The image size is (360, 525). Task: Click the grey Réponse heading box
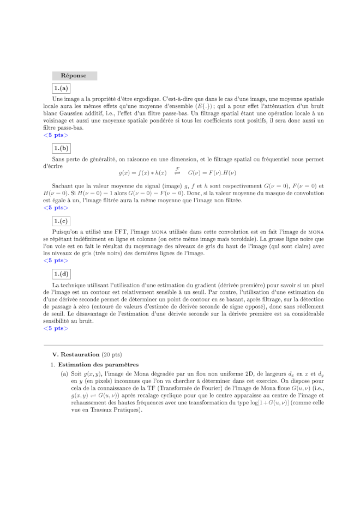[x=74, y=76]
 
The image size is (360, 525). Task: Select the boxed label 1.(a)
[x=61, y=88]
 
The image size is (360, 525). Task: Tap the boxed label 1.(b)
[x=61, y=148]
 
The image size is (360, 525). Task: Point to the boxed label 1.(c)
[x=61, y=221]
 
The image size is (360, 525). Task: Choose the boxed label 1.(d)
[x=61, y=274]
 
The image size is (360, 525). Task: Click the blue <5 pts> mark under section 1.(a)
[x=56, y=135]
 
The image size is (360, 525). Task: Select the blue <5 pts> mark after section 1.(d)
[x=56, y=328]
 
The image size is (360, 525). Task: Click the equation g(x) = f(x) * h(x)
[x=142, y=173]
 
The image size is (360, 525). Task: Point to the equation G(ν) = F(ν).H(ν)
[x=212, y=173]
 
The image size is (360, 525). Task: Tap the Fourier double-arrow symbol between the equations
[x=177, y=172]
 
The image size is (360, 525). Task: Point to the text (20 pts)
[x=112, y=354]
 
